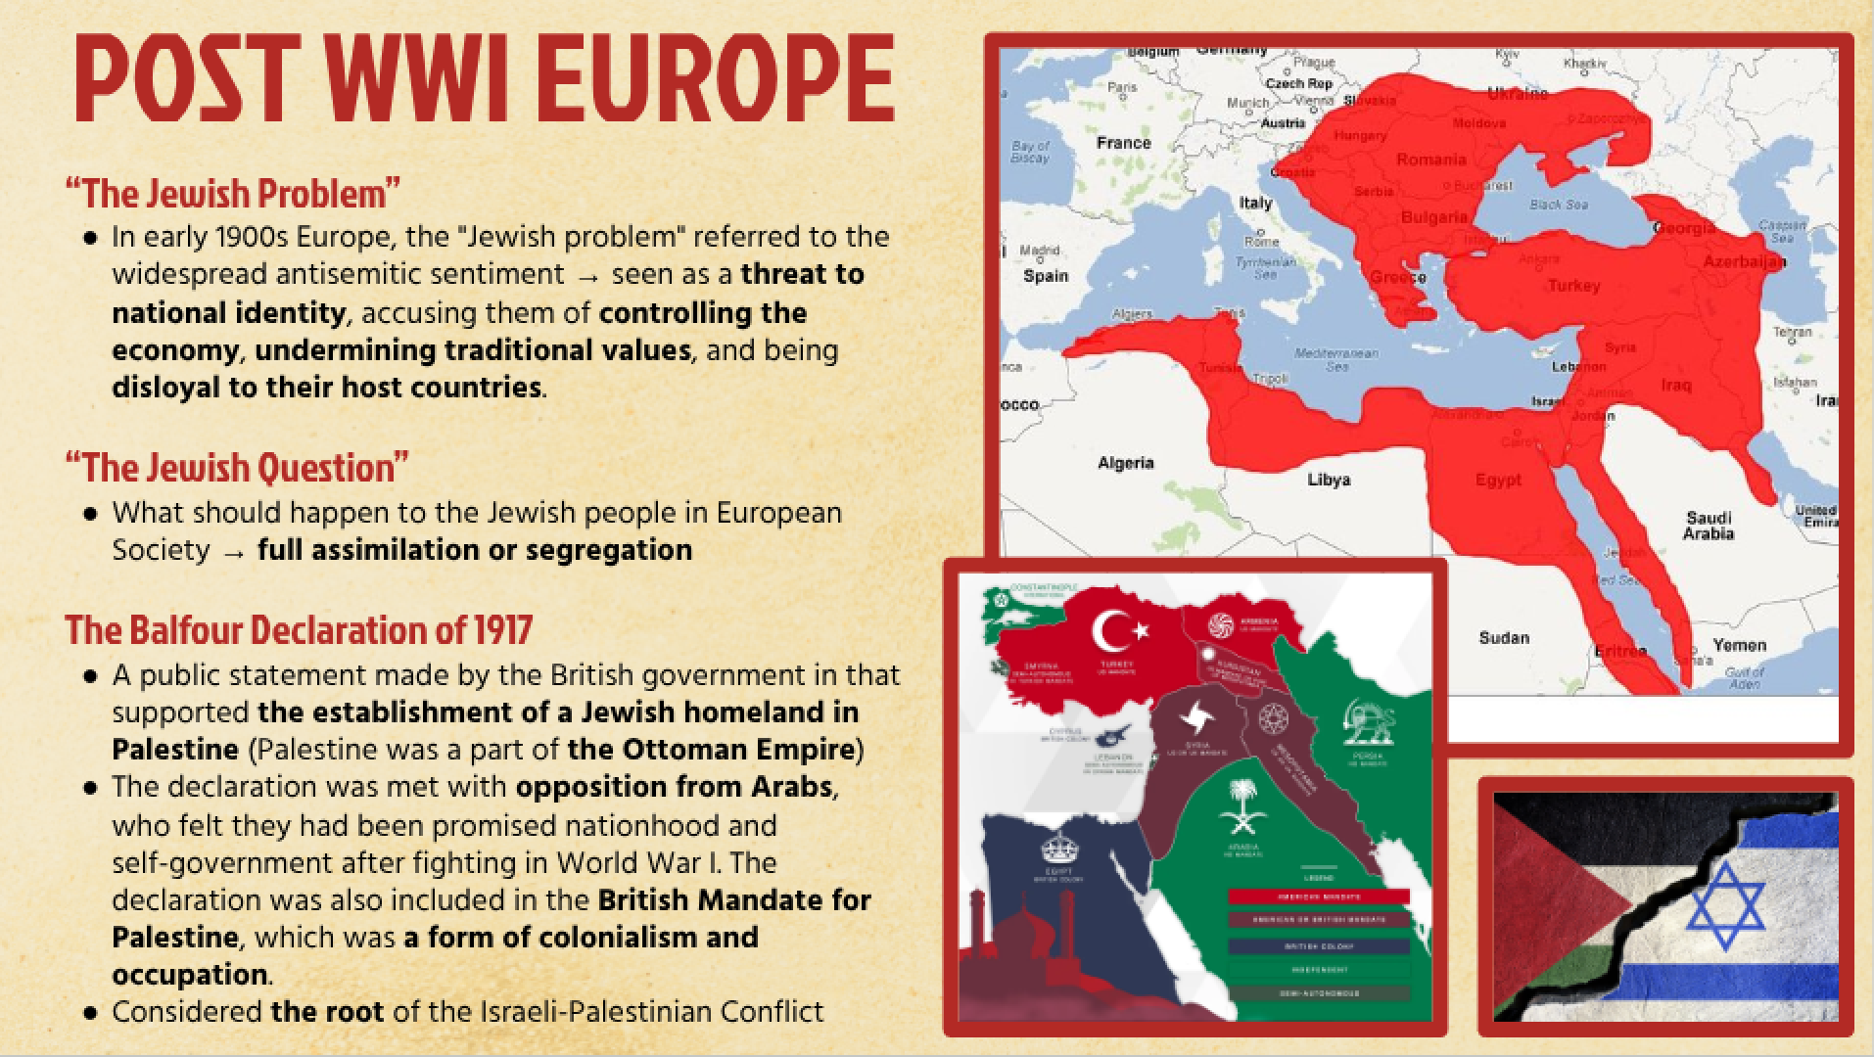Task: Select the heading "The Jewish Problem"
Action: [233, 194]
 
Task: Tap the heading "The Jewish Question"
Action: [236, 468]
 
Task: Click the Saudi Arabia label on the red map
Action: [1708, 526]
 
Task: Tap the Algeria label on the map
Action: [1125, 463]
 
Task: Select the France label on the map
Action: [1123, 143]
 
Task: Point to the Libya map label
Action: [1329, 480]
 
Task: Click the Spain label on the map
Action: [1046, 276]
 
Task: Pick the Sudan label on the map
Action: [1503, 638]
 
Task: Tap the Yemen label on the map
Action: [1739, 645]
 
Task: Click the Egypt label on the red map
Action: [1498, 480]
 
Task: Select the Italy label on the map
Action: [1256, 203]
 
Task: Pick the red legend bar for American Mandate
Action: [1318, 896]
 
